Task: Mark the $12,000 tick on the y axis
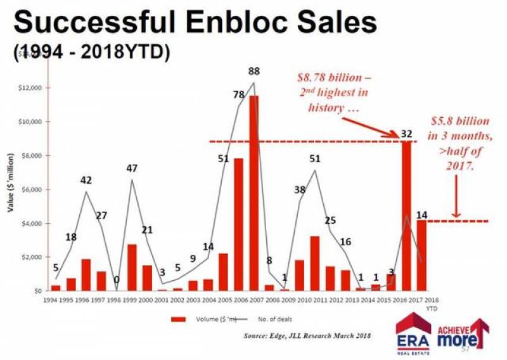click(x=30, y=87)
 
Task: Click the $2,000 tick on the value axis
click(x=32, y=257)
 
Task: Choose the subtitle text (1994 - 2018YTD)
click(x=91, y=53)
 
